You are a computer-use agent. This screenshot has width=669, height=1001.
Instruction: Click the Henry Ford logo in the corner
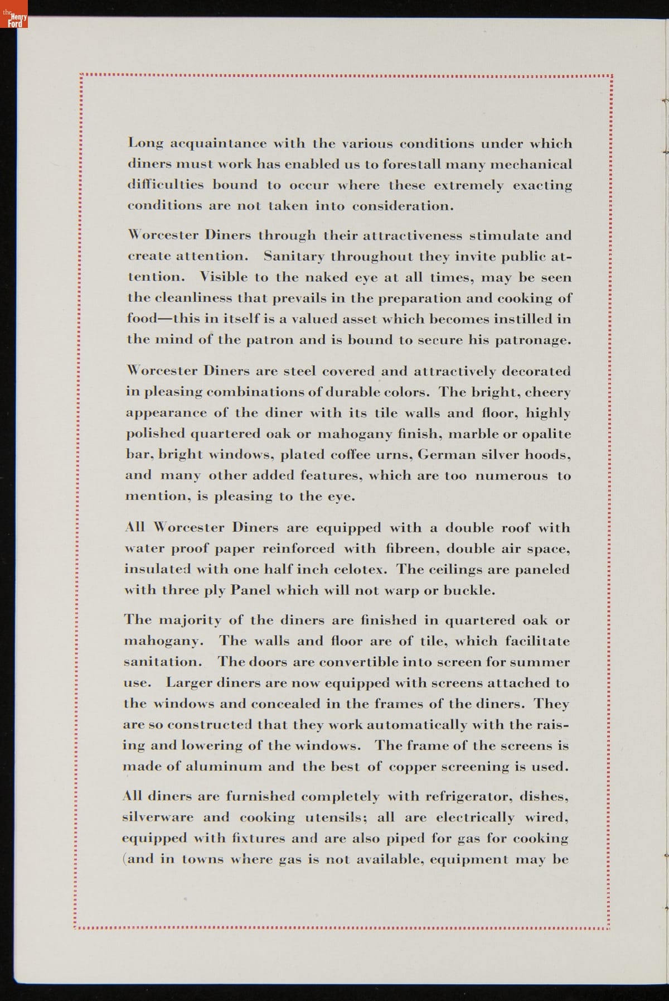14,18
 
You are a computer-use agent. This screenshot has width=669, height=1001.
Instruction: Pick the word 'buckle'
467,590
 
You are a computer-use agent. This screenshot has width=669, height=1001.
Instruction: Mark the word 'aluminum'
223,766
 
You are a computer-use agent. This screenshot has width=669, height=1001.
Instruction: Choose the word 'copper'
411,767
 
